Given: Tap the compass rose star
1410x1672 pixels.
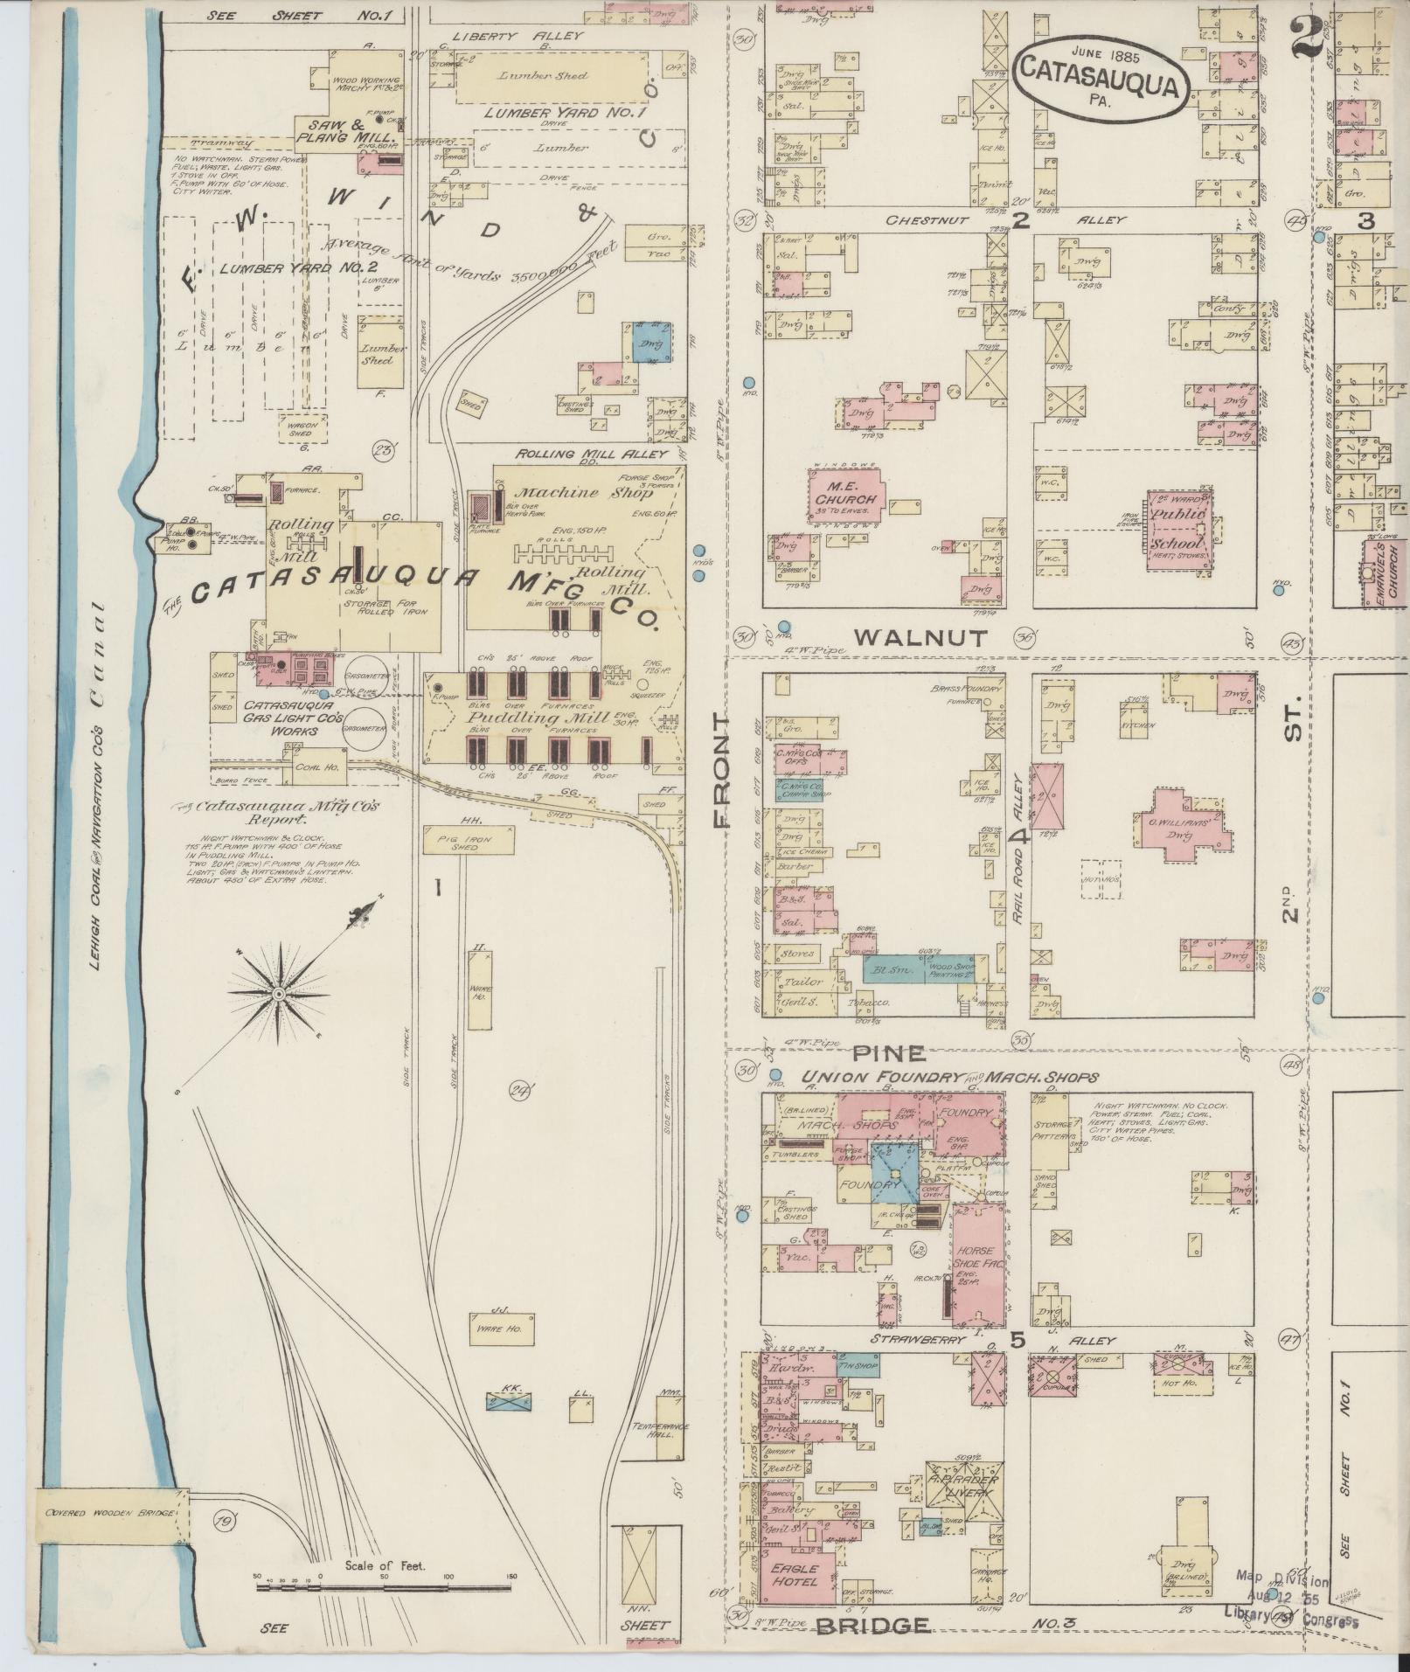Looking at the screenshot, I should pyautogui.click(x=279, y=994).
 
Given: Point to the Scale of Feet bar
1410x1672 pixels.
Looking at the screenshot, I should pyautogui.click(x=385, y=1585).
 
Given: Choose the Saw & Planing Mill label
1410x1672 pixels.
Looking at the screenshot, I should pyautogui.click(x=346, y=131).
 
